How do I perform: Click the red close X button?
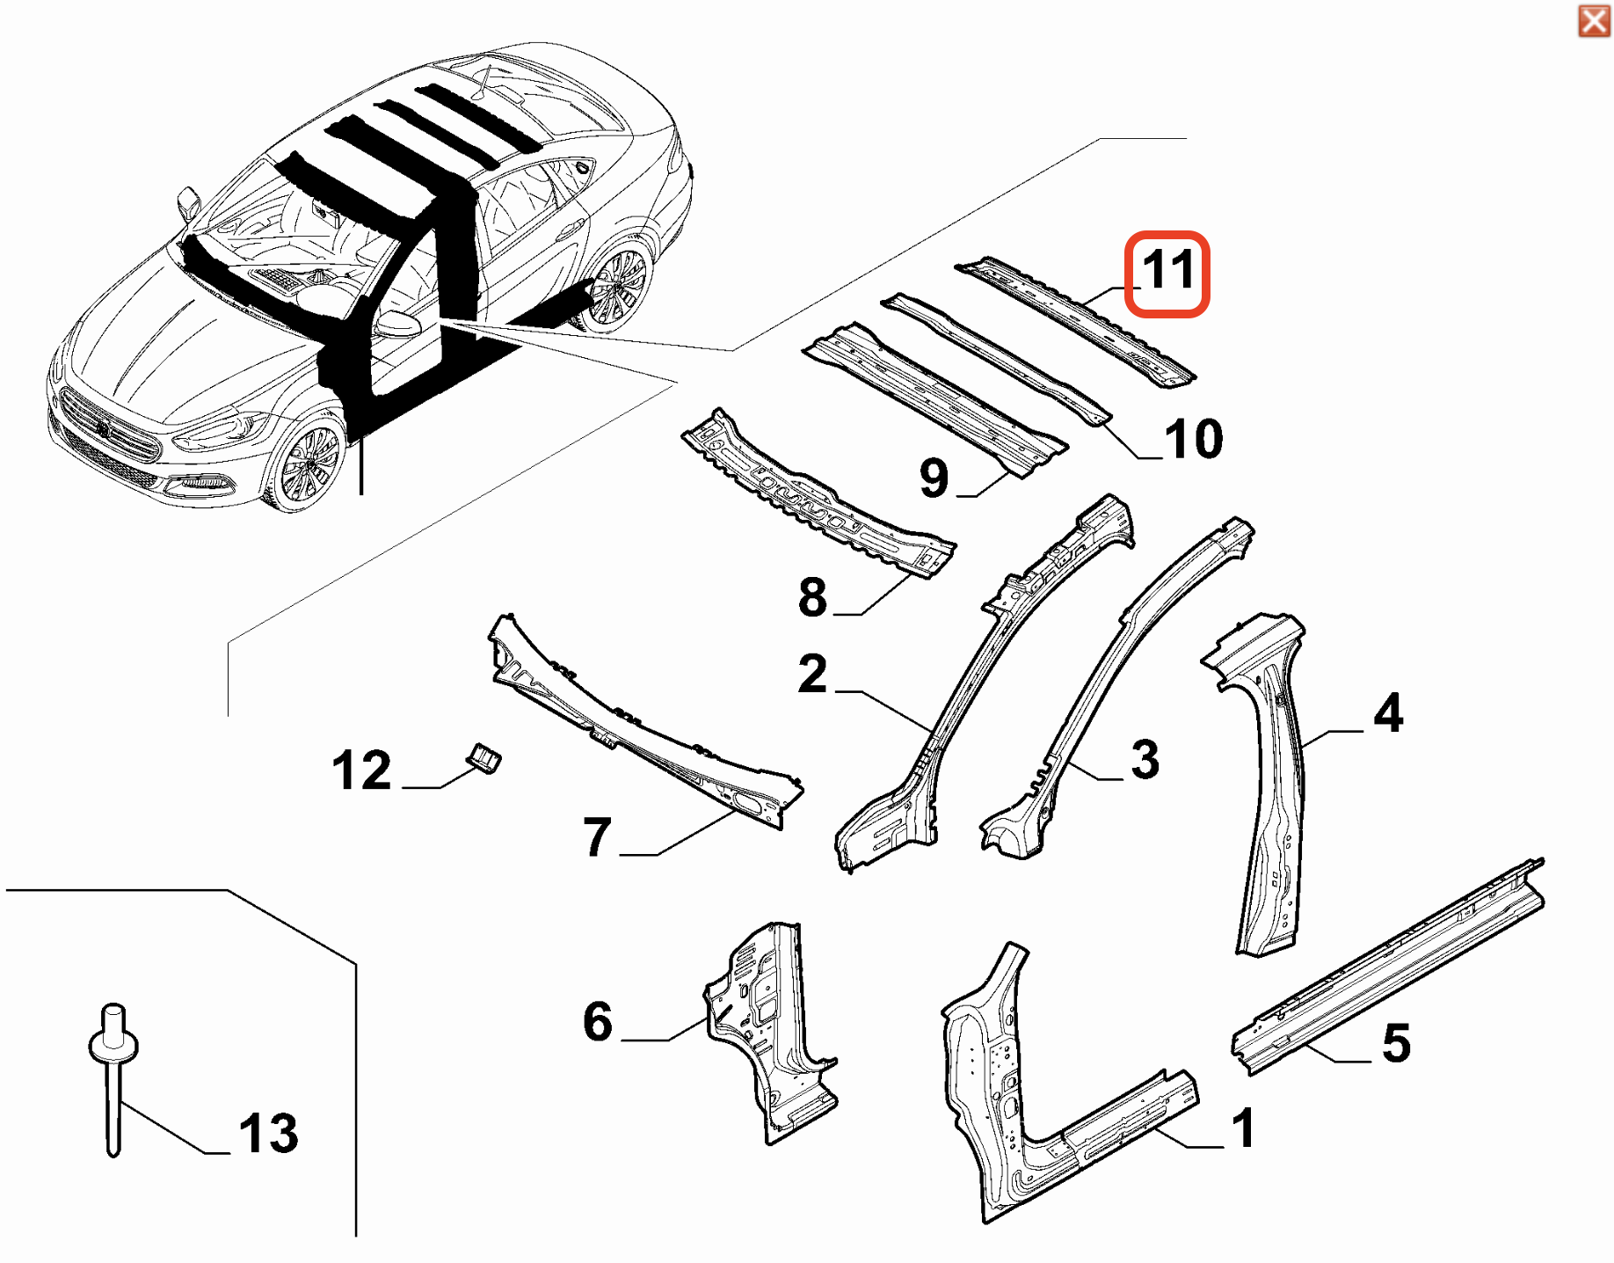[1593, 20]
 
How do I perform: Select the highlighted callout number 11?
[1167, 272]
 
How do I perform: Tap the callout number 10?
[1193, 439]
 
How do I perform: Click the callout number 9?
[934, 478]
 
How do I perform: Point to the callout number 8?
[812, 597]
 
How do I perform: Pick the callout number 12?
[361, 770]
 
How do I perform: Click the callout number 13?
[268, 1133]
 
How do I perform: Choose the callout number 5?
[1396, 1044]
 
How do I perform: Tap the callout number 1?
[1243, 1128]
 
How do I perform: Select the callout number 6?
[597, 1021]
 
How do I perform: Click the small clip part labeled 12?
[484, 757]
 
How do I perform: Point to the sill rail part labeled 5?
[1389, 967]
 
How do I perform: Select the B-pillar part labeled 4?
[1271, 792]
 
